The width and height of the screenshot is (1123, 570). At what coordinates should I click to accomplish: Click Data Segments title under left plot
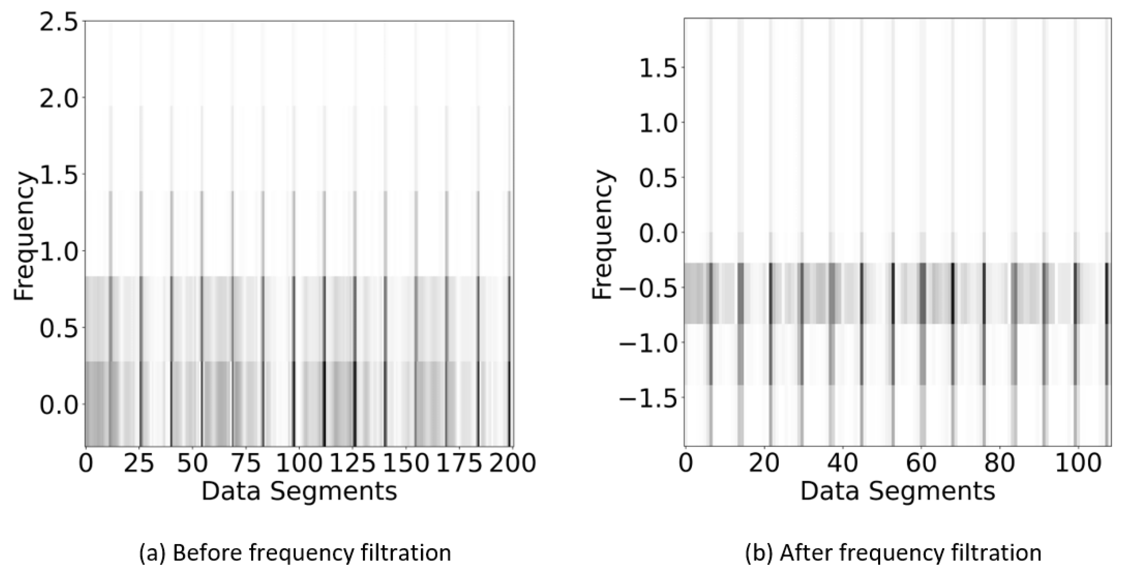[x=299, y=492]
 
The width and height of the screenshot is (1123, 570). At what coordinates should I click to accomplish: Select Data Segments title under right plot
[x=898, y=492]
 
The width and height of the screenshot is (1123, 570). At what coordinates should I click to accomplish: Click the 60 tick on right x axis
[x=921, y=463]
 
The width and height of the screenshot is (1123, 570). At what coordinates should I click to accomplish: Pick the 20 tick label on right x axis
[x=764, y=463]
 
